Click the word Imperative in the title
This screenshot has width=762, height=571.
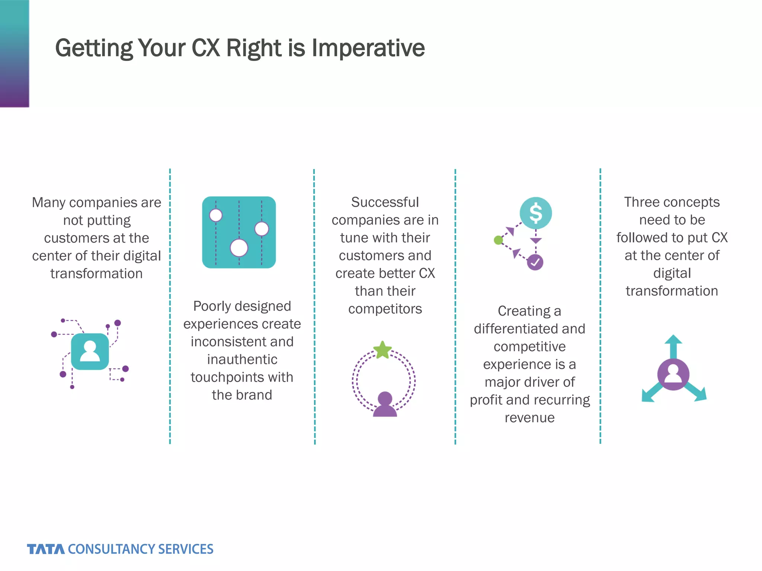(x=368, y=48)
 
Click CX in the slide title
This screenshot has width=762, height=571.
(x=205, y=48)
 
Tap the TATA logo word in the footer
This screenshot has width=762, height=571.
(x=45, y=549)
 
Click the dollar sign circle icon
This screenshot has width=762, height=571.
(x=536, y=213)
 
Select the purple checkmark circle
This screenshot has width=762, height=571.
(x=535, y=262)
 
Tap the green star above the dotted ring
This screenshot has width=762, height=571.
(x=382, y=350)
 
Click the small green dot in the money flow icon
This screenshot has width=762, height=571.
(x=498, y=240)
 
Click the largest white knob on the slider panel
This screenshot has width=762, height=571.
(x=239, y=248)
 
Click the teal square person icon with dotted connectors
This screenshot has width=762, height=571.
(x=90, y=352)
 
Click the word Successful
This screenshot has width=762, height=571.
(x=385, y=202)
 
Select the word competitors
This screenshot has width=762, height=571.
(x=385, y=309)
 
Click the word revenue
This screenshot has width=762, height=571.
(x=529, y=418)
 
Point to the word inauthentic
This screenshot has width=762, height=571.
(x=242, y=359)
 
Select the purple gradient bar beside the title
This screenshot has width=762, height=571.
(x=14, y=54)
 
